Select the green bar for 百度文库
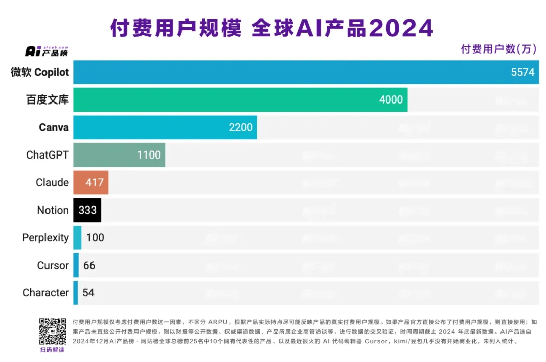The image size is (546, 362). coord(240,99)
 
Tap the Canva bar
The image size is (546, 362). coord(165,127)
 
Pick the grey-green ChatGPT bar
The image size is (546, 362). coord(119,155)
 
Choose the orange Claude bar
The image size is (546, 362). coord(90,182)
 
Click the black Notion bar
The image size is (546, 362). coord(87,210)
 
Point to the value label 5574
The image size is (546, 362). coord(522,72)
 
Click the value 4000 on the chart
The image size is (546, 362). coord(391,100)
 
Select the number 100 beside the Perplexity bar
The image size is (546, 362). coord(95,237)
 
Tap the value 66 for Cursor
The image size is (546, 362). coord(89,265)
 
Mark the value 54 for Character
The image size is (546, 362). coord(88,293)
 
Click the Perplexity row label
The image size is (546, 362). coord(45,238)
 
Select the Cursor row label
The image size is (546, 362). coord(53,265)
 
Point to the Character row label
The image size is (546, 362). coord(45,293)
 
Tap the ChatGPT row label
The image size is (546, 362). coord(47,155)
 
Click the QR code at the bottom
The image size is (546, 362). coord(53,331)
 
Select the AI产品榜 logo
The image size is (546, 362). coord(46,51)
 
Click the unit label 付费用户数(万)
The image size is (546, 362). coord(498,49)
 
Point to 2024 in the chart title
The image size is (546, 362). coord(401,29)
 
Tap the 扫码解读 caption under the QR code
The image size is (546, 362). coord(53,350)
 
